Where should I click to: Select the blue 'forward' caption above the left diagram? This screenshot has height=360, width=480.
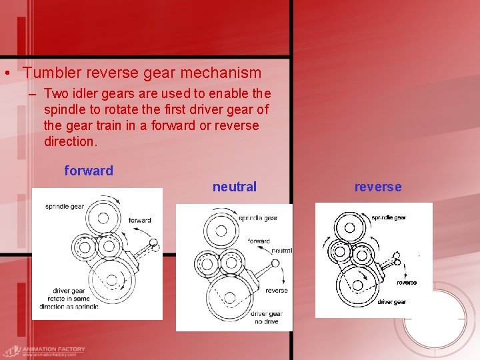89,171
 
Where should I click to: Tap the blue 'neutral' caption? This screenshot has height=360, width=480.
234,187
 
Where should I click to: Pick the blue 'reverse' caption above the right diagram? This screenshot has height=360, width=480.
378,187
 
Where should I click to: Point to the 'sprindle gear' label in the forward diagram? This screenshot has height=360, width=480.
65,207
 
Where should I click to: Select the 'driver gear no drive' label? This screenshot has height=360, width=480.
266,317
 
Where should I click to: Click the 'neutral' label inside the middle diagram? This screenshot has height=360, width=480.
281,251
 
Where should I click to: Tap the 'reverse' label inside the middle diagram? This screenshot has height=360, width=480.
276,290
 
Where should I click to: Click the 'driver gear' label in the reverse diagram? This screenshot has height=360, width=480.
391,302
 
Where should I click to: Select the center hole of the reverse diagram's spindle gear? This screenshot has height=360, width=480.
349,227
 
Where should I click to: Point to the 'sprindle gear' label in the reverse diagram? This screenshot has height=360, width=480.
388,217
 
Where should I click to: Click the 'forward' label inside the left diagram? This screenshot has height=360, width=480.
139,220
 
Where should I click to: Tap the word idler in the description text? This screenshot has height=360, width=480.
87,93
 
